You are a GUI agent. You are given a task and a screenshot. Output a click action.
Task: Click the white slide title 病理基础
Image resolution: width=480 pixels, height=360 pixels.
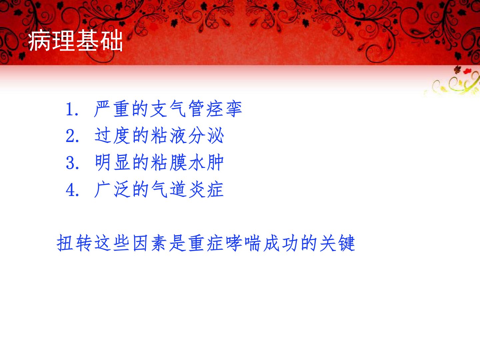[75, 41]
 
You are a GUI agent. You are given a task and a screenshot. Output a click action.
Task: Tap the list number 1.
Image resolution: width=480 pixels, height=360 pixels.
[72, 109]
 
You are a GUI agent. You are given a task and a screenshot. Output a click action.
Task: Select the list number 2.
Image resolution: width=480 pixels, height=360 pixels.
[72, 136]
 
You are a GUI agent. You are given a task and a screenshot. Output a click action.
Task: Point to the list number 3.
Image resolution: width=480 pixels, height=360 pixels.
[72, 163]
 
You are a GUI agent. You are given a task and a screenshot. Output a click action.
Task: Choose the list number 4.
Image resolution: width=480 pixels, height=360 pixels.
[72, 190]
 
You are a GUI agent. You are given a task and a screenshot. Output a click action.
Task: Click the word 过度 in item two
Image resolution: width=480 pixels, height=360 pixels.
[112, 136]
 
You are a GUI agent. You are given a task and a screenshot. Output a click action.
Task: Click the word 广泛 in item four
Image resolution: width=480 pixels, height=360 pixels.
[112, 189]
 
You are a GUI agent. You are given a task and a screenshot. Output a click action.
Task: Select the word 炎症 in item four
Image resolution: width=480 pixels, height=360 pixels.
[206, 189]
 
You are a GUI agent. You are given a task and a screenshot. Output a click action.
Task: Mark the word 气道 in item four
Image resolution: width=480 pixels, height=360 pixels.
[168, 189]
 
